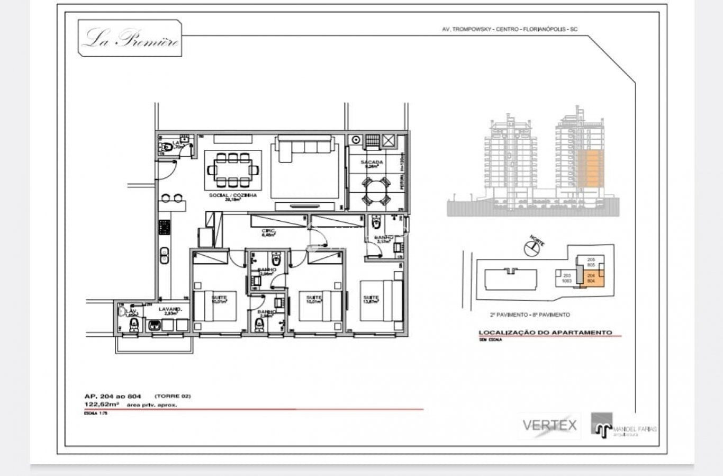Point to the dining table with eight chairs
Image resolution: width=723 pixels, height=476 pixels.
233,170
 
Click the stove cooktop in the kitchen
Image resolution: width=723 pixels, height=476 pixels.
164,227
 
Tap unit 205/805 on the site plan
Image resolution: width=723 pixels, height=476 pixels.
591,262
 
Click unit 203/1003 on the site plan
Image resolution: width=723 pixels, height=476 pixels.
566,278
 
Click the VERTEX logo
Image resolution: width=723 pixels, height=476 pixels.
549,425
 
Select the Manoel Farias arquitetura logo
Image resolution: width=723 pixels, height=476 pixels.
625,426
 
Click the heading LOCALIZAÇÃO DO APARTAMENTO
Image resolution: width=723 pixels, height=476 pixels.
545,333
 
